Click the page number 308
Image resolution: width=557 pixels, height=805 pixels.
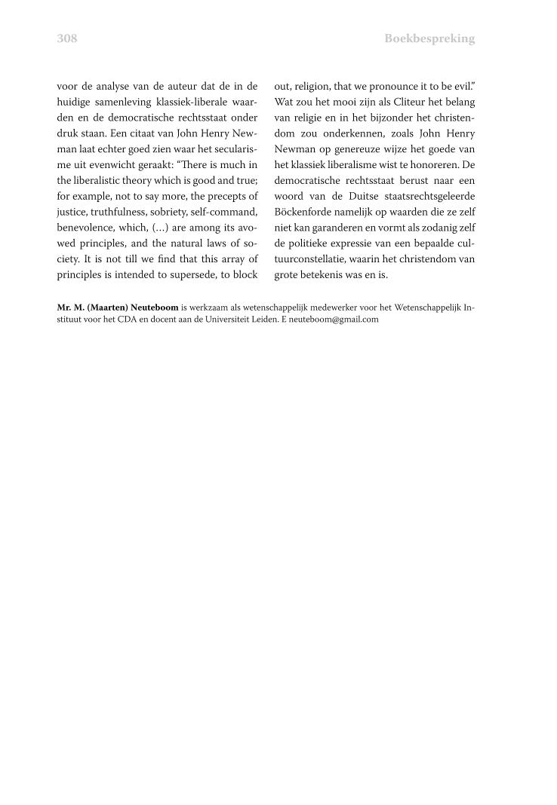67,38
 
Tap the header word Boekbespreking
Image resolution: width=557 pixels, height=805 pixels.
429,38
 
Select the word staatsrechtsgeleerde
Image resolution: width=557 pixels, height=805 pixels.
426,196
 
